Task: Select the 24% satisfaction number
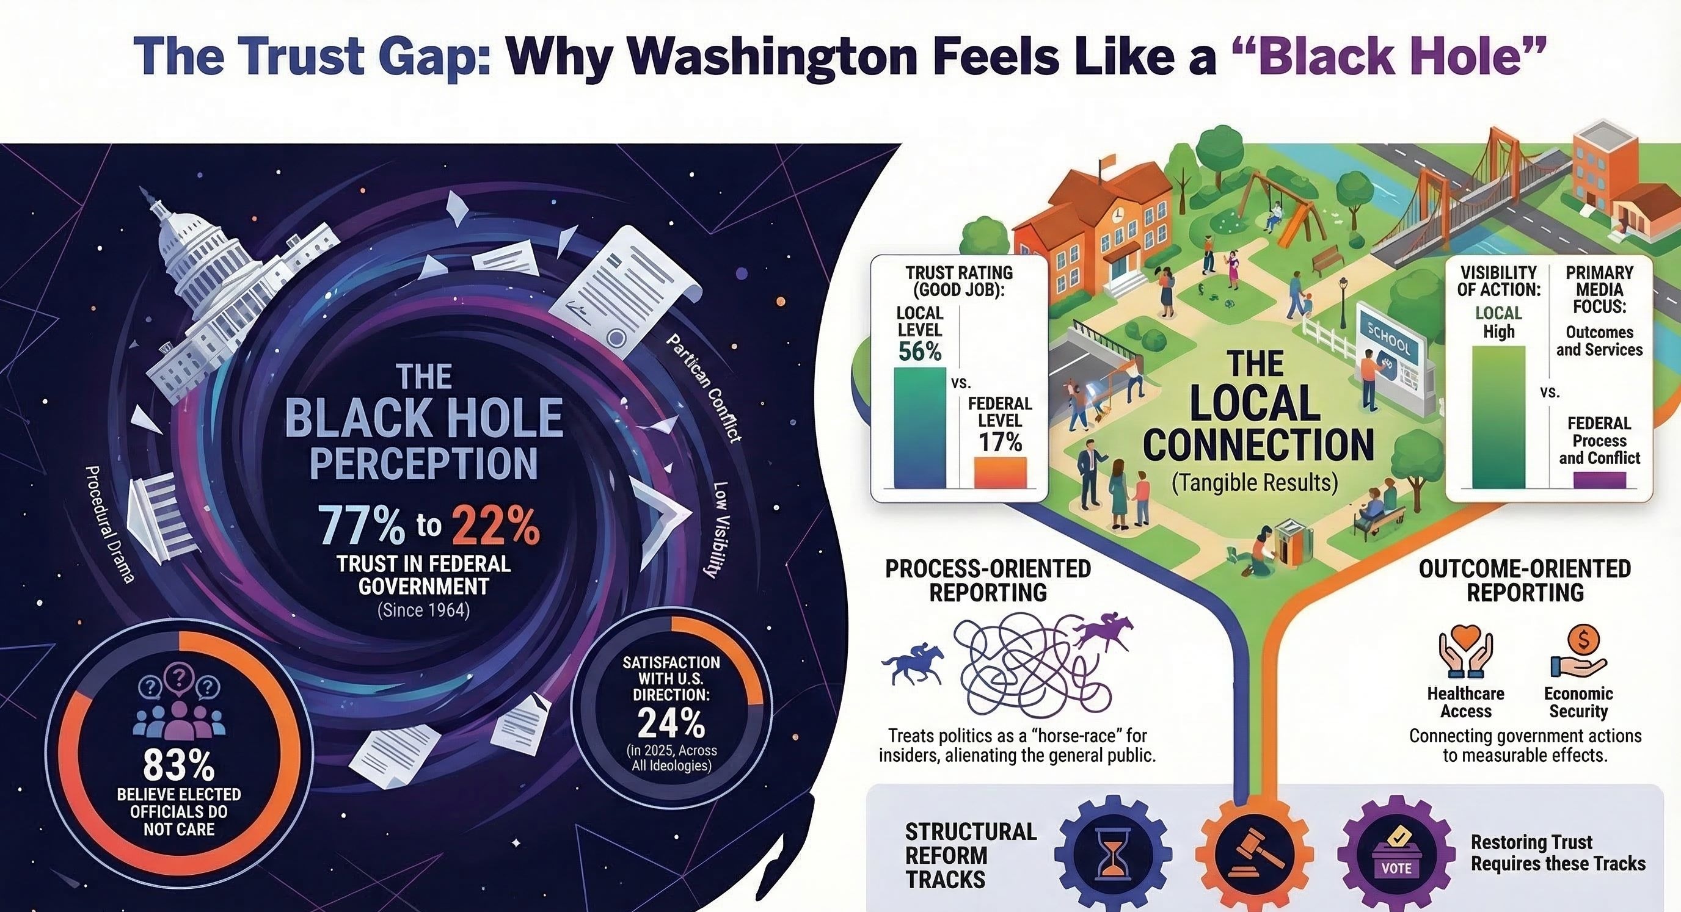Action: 671,723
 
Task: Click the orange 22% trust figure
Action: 495,526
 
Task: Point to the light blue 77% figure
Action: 361,526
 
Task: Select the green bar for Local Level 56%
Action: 919,427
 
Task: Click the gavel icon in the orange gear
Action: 1255,853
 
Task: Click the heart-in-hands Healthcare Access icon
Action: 1465,654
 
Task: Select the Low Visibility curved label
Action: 718,530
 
